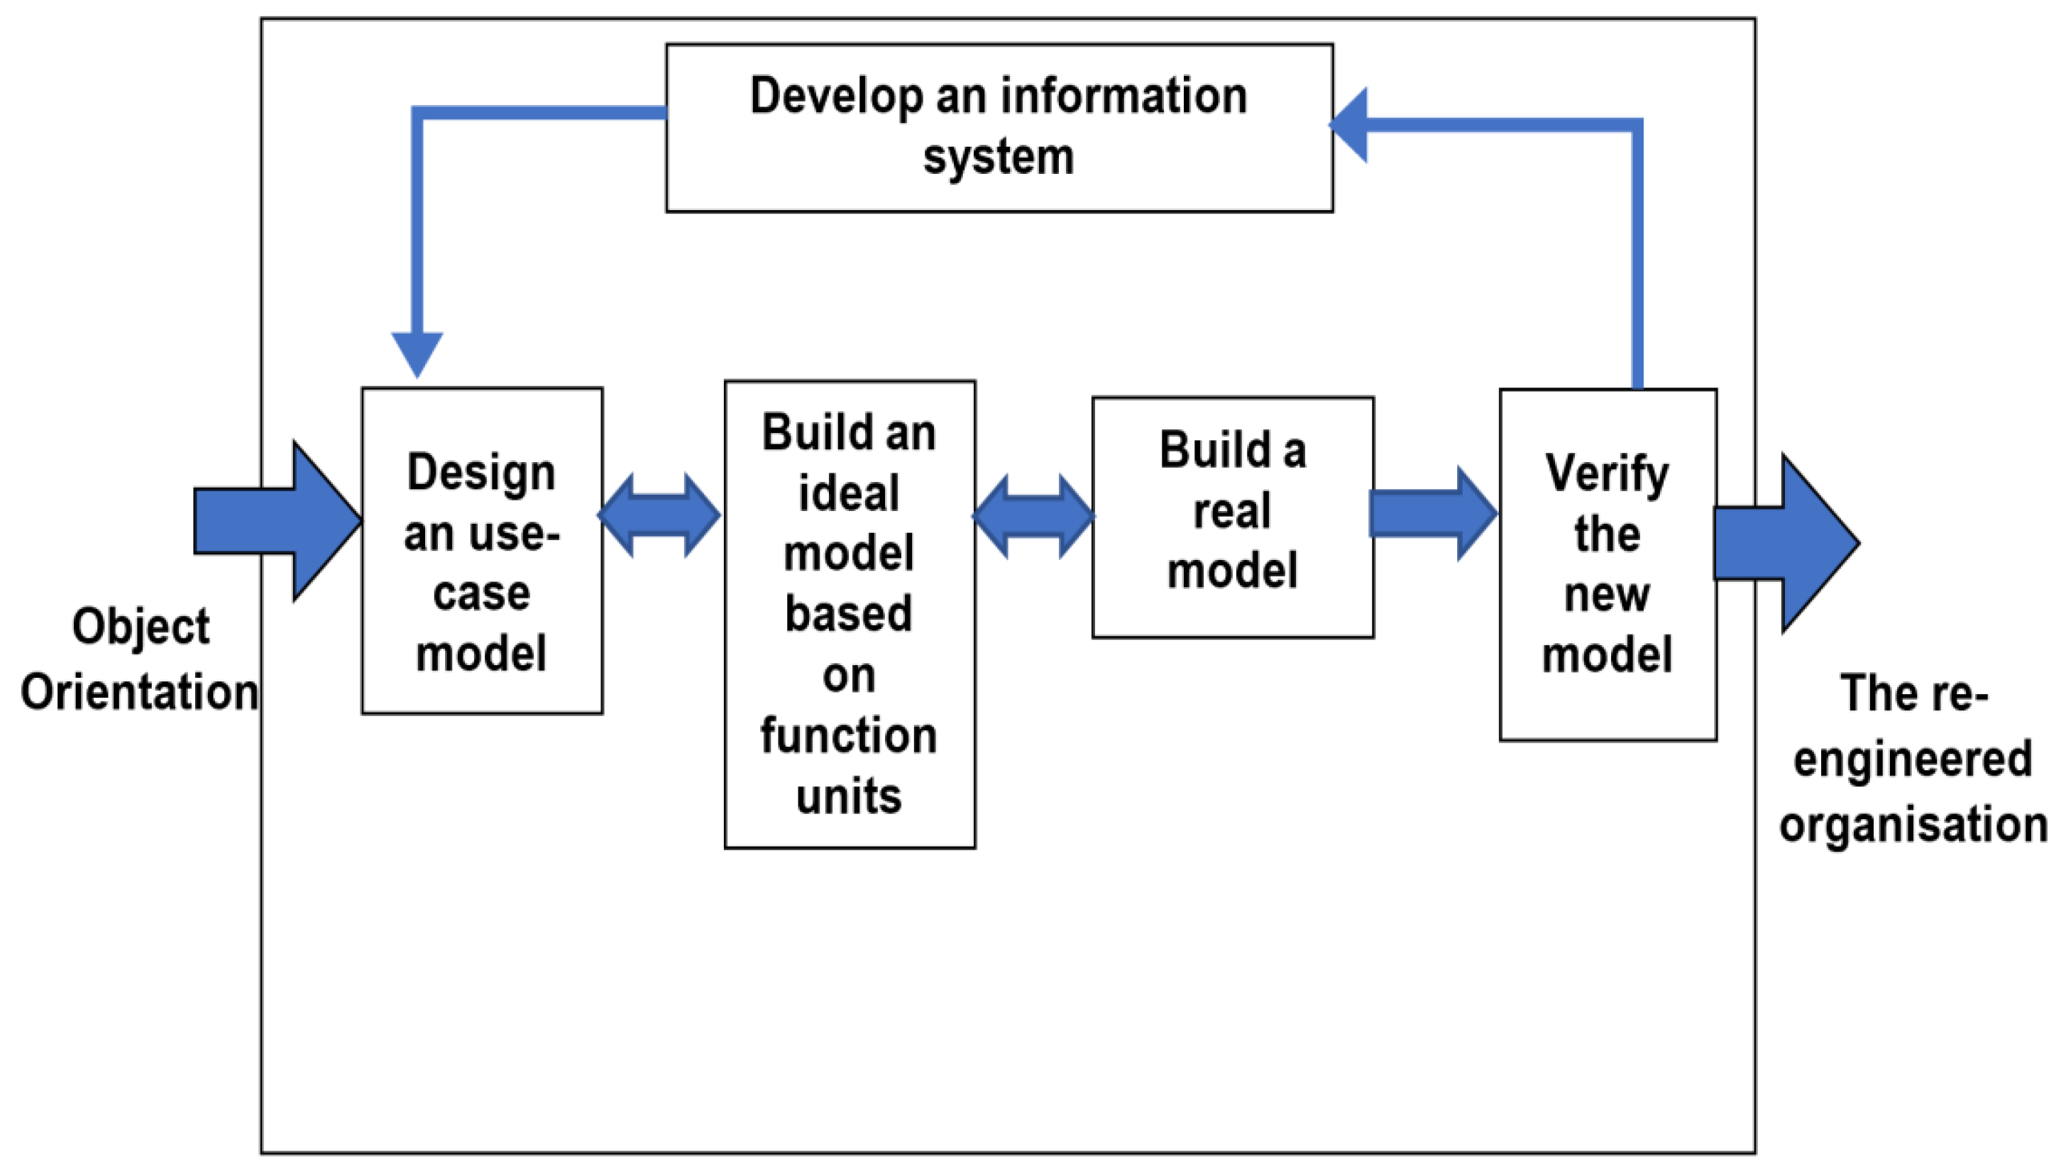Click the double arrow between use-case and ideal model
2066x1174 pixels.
[x=659, y=515]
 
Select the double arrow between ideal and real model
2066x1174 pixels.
[x=1033, y=515]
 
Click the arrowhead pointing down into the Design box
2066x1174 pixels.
[x=417, y=352]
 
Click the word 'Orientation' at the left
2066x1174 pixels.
[x=139, y=692]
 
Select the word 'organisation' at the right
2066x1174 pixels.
[x=1913, y=824]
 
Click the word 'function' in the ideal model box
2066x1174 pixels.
[x=849, y=735]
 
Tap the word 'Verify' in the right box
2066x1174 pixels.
[x=1607, y=473]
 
